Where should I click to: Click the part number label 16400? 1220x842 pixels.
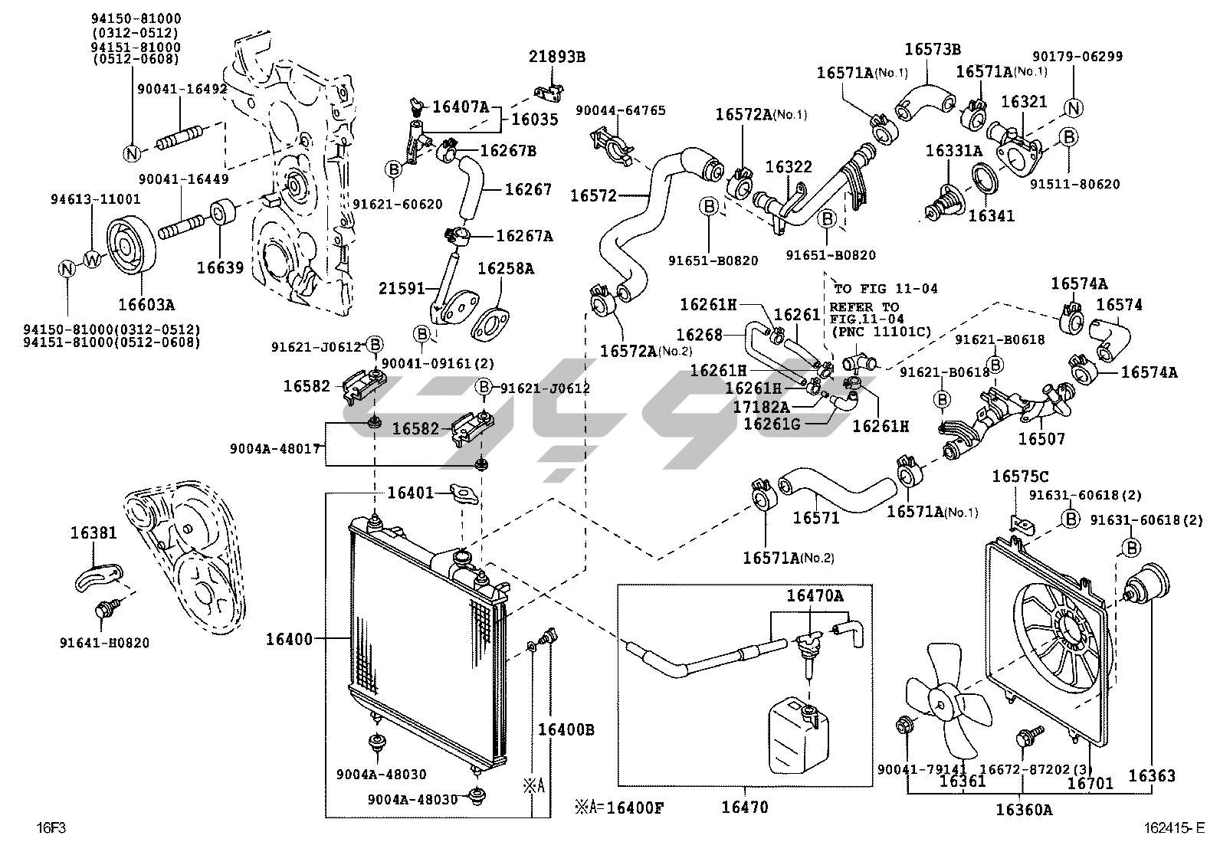[x=289, y=638]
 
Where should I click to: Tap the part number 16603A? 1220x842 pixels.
[x=146, y=304]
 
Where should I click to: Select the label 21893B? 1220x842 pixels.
[x=556, y=56]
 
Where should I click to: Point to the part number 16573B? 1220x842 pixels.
[x=932, y=49]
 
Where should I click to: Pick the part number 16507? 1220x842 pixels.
[x=1041, y=439]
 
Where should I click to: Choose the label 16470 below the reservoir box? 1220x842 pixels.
[x=744, y=806]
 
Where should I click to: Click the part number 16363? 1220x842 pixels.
[x=1151, y=776]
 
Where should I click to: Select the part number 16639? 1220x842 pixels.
[x=220, y=267]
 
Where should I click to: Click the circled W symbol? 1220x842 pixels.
[x=92, y=259]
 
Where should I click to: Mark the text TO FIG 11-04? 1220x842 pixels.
[x=885, y=289]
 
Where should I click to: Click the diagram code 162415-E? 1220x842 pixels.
[x=1173, y=827]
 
